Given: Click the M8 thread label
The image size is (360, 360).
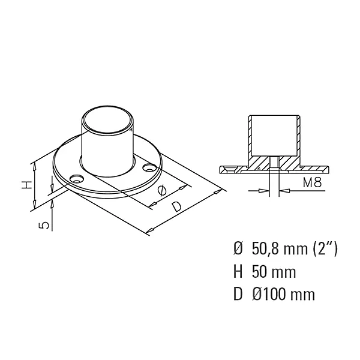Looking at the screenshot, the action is [x=312, y=183].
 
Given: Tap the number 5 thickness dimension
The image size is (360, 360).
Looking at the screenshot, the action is [x=44, y=225].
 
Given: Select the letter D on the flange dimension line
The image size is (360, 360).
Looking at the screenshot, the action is [x=177, y=206].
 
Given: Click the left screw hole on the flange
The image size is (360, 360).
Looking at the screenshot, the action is [x=76, y=179].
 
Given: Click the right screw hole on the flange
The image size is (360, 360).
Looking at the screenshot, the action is [x=149, y=167].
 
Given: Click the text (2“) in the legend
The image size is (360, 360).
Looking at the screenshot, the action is [x=325, y=249].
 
